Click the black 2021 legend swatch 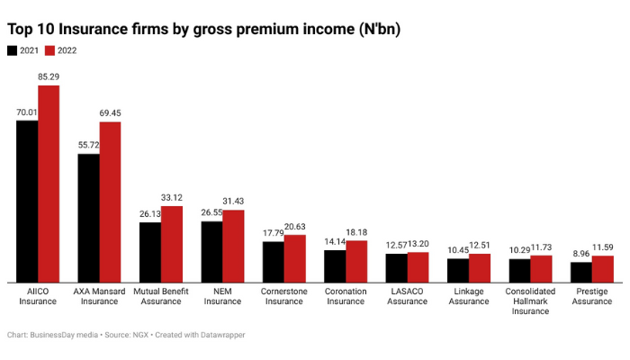pyautogui.click(x=14, y=50)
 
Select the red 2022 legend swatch pyautogui.click(x=51, y=50)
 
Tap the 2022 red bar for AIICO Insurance pyautogui.click(x=49, y=184)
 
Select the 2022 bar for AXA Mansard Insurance pyautogui.click(x=110, y=202)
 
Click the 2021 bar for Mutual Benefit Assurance pyautogui.click(x=149, y=252)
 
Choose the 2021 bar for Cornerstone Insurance pyautogui.click(x=273, y=261)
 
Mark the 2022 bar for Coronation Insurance pyautogui.click(x=356, y=261)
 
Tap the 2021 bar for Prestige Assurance pyautogui.click(x=581, y=272)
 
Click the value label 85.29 pyautogui.click(x=49, y=77)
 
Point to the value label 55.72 pyautogui.click(x=88, y=145)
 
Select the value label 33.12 pyautogui.click(x=172, y=198)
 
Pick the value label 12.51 pyautogui.click(x=481, y=246)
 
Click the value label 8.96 pyautogui.click(x=580, y=254)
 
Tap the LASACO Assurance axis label pyautogui.click(x=407, y=296)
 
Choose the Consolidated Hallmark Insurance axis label pyautogui.click(x=530, y=301)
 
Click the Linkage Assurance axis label pyautogui.click(x=469, y=296)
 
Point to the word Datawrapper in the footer pyautogui.click(x=220, y=335)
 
